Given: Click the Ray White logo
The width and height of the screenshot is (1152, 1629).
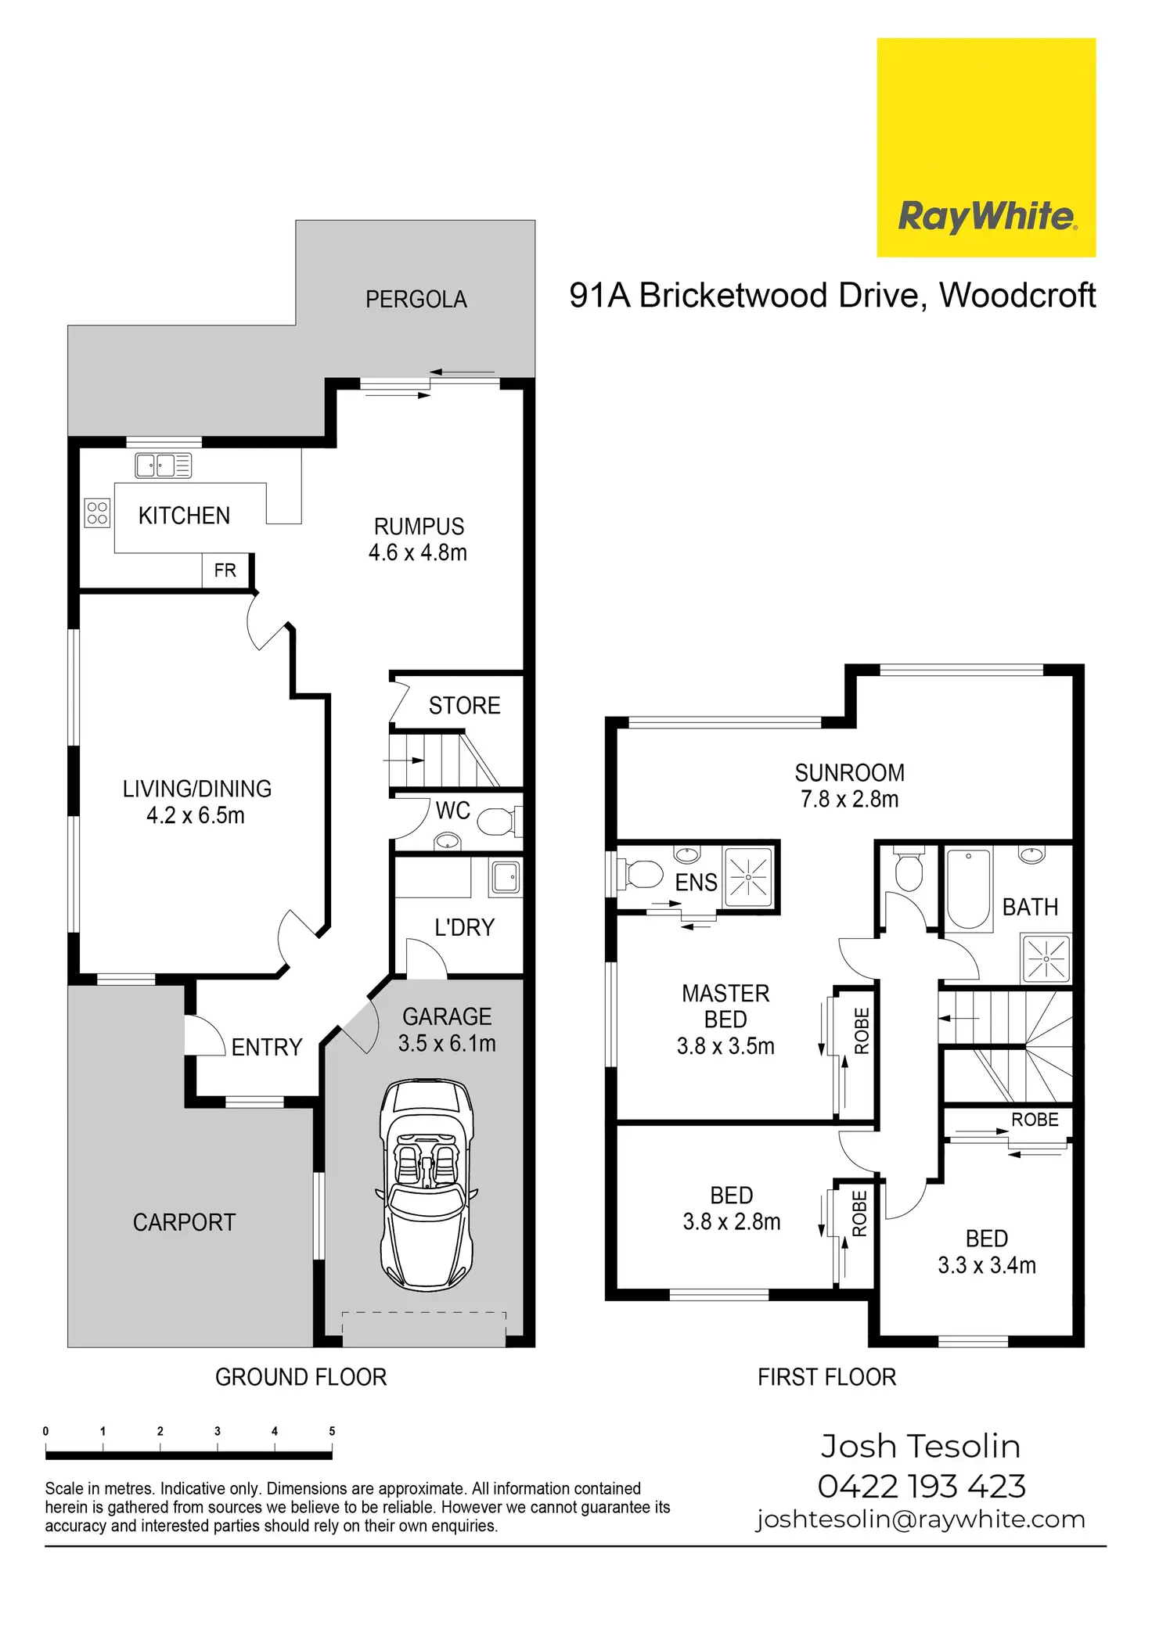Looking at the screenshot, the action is click(986, 147).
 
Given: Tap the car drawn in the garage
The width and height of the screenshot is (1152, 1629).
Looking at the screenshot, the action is click(427, 1185).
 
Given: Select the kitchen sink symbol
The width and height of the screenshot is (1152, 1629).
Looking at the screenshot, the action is click(164, 466).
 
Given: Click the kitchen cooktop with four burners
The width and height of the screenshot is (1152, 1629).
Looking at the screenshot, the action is click(97, 513).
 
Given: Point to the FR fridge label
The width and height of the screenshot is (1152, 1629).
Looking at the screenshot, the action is click(225, 570).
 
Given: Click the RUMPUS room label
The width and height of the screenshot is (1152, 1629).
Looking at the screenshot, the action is click(419, 527).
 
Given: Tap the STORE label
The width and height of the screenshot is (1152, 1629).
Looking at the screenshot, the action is click(464, 706).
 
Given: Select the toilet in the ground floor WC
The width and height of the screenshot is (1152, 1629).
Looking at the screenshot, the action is click(497, 822).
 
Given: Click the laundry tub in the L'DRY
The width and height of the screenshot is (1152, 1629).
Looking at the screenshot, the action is click(506, 877).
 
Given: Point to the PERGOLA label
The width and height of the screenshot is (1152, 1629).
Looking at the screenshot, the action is click(416, 299).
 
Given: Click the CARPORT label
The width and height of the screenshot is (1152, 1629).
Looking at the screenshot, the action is click(184, 1222).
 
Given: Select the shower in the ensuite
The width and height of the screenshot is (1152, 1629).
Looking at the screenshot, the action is click(748, 877).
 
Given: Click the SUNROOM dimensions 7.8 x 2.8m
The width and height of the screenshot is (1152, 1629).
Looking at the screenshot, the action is click(849, 800).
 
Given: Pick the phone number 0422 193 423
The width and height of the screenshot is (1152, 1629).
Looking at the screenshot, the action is click(921, 1486).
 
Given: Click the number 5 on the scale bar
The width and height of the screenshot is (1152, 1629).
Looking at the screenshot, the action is click(332, 1431).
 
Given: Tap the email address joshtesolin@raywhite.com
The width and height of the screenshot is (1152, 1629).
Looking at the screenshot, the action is click(920, 1519).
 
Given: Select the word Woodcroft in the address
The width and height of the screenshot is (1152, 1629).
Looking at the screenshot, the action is click(1017, 296).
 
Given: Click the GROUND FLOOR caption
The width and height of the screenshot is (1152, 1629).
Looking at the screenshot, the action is click(301, 1377).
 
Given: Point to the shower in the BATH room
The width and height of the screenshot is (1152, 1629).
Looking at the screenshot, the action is click(1046, 958).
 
